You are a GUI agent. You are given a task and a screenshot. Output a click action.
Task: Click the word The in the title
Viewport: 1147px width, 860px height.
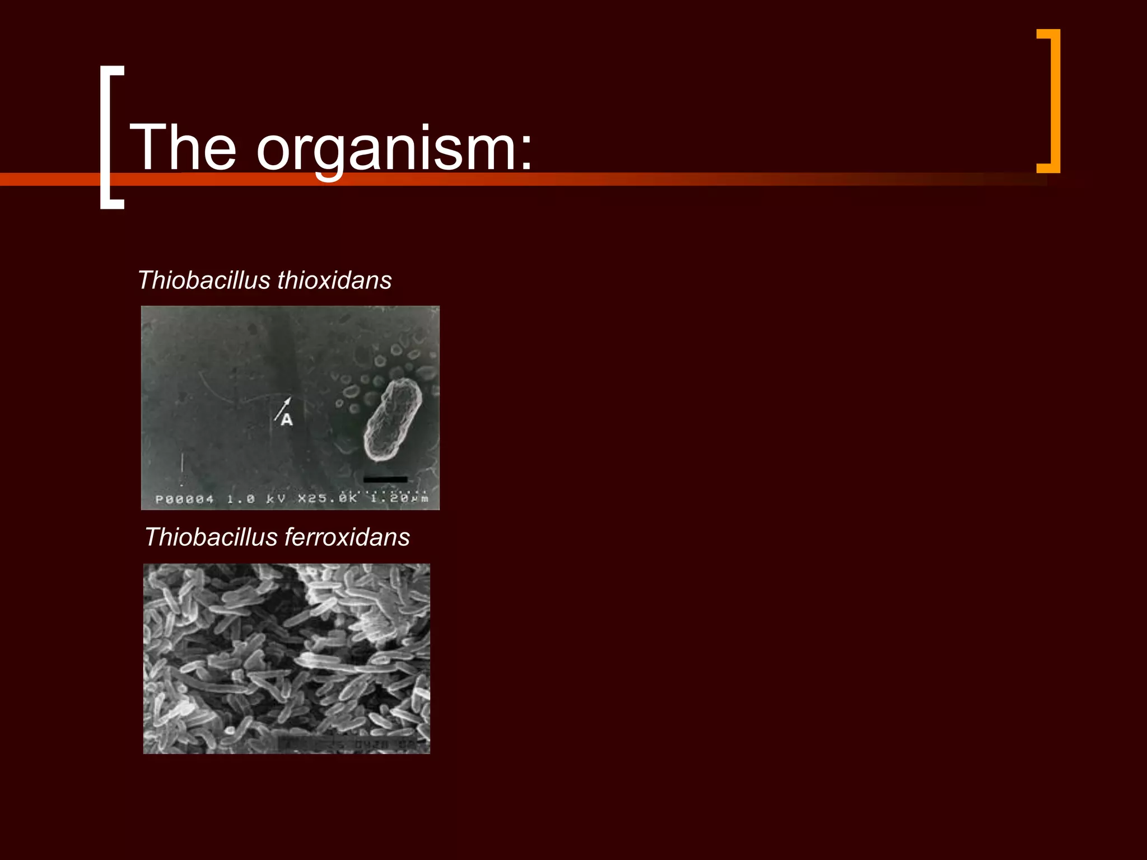tap(183, 147)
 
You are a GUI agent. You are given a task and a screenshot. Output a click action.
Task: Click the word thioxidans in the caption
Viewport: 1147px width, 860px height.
tap(334, 280)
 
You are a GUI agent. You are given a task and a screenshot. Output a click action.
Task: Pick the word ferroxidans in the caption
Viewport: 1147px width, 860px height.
tap(347, 537)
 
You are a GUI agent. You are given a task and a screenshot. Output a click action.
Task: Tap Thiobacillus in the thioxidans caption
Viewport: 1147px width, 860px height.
tap(204, 280)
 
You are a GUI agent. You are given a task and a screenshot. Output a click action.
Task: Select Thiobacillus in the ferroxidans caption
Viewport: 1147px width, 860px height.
tap(211, 537)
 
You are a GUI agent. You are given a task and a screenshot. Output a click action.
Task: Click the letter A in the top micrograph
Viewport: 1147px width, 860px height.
tap(287, 419)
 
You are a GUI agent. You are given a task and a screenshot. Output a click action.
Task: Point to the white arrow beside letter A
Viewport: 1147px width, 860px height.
tap(283, 408)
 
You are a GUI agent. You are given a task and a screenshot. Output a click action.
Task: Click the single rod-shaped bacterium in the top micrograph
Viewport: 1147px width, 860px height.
tap(393, 419)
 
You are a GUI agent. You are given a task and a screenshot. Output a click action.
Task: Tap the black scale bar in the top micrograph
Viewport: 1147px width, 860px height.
tap(385, 479)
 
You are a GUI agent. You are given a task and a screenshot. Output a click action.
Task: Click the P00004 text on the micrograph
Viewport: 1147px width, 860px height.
tap(184, 499)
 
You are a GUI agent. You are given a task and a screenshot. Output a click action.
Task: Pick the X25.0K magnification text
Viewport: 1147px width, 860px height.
tap(327, 498)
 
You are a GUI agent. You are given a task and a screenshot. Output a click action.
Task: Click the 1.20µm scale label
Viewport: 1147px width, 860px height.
tap(399, 498)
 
